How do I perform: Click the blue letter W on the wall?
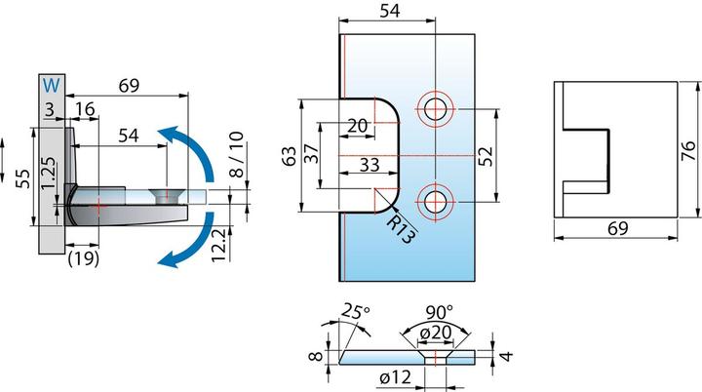click(x=52, y=85)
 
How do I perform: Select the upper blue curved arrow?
click(x=197, y=148)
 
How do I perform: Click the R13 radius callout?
click(x=400, y=228)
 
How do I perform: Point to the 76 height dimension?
click(x=688, y=150)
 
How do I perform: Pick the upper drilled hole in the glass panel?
click(x=435, y=109)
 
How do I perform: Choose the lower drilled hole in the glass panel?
click(x=435, y=202)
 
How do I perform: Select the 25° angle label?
click(x=356, y=311)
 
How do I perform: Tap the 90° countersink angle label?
click(x=439, y=311)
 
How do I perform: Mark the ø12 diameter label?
click(x=395, y=377)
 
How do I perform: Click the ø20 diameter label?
click(x=436, y=333)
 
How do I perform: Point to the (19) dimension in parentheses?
click(x=83, y=258)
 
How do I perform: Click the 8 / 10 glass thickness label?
click(x=237, y=155)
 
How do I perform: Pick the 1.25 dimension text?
click(x=50, y=173)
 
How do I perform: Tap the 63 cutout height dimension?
click(x=290, y=156)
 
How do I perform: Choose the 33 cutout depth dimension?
click(x=370, y=165)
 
